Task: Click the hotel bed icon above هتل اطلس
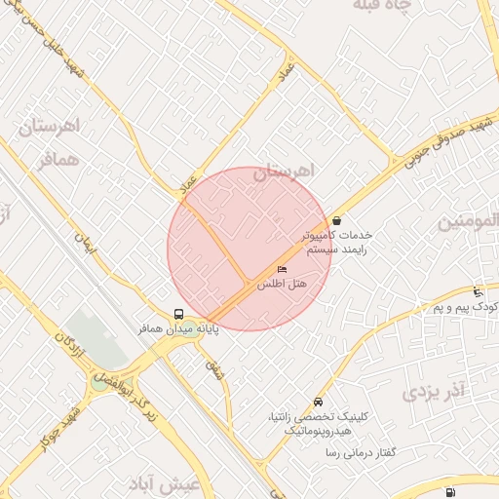click(283, 269)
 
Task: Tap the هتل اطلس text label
click(283, 284)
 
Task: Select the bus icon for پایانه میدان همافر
click(178, 314)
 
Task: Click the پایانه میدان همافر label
click(177, 331)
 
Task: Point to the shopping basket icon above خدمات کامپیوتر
click(336, 220)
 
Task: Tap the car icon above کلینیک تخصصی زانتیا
click(319, 403)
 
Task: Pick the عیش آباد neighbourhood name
click(169, 484)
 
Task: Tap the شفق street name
click(214, 368)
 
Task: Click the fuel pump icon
click(448, 492)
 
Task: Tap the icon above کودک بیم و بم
click(477, 292)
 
